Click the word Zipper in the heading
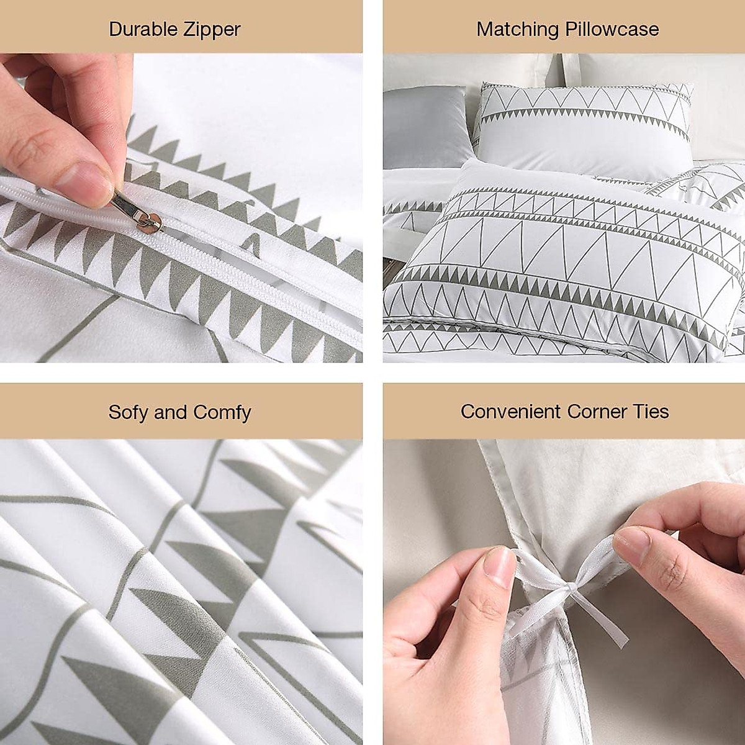pyautogui.click(x=210, y=29)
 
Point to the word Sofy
pyautogui.click(x=128, y=412)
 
